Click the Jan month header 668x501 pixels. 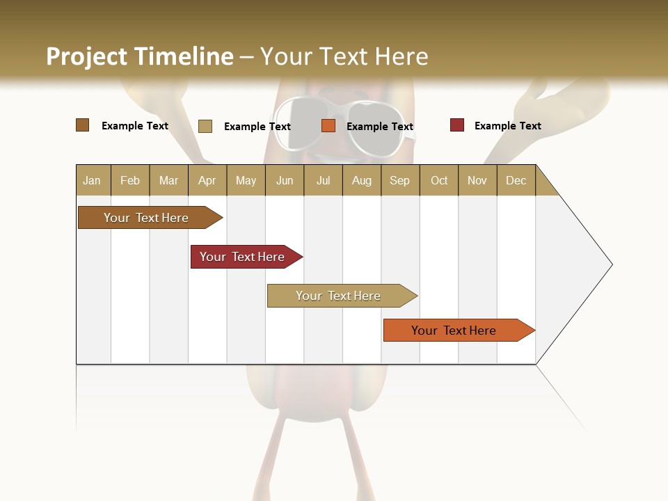click(x=93, y=180)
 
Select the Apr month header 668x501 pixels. click(x=207, y=180)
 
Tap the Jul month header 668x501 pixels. click(x=323, y=180)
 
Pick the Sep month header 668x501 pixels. click(x=399, y=180)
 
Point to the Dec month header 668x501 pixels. click(x=516, y=180)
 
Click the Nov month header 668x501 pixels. click(x=477, y=180)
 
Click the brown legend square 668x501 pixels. click(x=83, y=125)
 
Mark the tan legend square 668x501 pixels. click(x=205, y=126)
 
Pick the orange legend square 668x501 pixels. click(x=328, y=125)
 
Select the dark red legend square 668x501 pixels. click(x=457, y=125)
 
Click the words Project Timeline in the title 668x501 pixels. click(x=139, y=56)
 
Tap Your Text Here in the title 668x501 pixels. click(x=344, y=56)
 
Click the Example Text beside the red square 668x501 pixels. click(x=507, y=126)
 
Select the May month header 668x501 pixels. click(x=246, y=180)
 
